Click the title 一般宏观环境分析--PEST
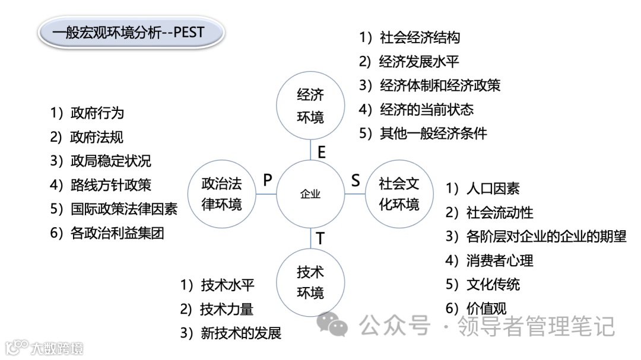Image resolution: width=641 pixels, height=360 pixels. click(130, 33)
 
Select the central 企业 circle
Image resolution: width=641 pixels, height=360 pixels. click(310, 194)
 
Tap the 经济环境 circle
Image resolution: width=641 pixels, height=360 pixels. click(310, 106)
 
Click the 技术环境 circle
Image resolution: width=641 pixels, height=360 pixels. click(310, 282)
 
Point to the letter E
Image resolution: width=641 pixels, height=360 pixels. click(322, 152)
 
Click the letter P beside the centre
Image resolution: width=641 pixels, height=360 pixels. click(268, 180)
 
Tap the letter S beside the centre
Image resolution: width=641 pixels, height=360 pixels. click(356, 180)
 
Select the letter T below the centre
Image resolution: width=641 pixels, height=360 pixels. click(320, 238)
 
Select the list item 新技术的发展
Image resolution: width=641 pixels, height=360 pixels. click(240, 333)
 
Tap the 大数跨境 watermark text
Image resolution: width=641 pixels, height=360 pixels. click(57, 348)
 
